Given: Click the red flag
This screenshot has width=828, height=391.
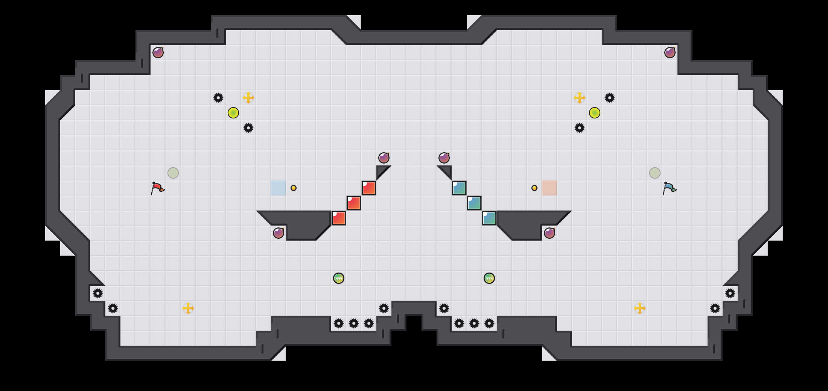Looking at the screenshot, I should click(157, 188).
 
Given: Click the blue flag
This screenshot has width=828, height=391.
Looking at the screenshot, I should click(669, 188).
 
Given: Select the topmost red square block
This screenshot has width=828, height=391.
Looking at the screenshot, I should click(369, 188).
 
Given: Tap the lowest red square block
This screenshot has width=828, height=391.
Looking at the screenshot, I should click(339, 218).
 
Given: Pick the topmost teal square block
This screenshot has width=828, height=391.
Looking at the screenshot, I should click(459, 188).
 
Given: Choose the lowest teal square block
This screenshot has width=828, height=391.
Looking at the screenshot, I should click(489, 218).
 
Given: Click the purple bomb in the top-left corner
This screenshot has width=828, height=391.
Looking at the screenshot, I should click(158, 53).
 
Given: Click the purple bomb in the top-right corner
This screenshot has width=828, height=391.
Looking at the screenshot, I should click(670, 53).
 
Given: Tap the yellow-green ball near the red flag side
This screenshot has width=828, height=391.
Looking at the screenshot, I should click(233, 113).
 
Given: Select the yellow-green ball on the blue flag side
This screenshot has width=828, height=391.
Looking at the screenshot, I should click(595, 113).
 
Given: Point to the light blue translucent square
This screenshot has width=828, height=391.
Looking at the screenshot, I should click(279, 188).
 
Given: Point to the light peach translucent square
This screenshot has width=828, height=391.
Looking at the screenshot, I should click(549, 188).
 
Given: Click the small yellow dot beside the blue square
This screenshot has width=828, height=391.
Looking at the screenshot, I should click(294, 188).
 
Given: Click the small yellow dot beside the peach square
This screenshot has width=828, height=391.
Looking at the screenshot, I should click(534, 188).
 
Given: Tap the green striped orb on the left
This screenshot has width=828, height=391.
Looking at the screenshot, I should click(339, 278).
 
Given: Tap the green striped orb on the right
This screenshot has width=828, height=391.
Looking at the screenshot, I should click(489, 278).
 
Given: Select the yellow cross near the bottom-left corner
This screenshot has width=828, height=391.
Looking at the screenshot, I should click(188, 308).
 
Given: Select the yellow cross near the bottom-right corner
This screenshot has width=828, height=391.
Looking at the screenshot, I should click(640, 308).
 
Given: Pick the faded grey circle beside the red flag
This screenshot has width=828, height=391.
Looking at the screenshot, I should click(173, 173).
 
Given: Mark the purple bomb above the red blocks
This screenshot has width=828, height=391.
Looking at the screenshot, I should click(384, 158).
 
